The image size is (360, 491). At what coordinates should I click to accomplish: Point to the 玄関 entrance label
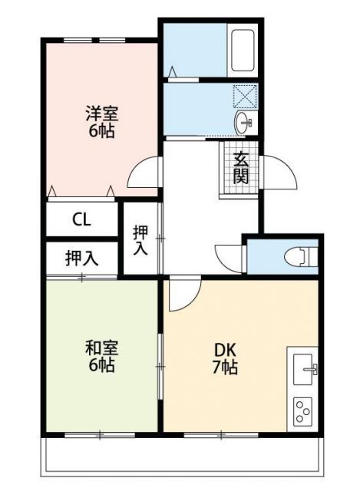[241, 168]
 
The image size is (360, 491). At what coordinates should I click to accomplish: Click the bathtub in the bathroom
[243, 49]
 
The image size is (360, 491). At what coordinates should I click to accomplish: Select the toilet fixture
[300, 256]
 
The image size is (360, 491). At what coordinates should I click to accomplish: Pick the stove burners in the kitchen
[303, 411]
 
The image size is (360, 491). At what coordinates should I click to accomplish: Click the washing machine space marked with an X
[246, 97]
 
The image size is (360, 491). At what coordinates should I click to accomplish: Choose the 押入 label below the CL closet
[81, 259]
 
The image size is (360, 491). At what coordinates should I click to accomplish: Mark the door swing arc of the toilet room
[229, 255]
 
